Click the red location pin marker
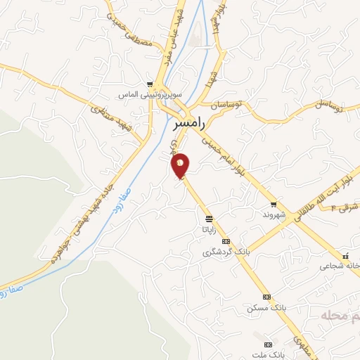(x=181, y=165)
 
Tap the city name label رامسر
(x=189, y=124)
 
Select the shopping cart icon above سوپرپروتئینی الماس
(x=149, y=82)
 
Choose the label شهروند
(x=273, y=214)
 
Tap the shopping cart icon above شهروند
(x=274, y=204)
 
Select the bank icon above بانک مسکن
(x=266, y=297)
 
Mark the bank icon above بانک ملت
(x=267, y=345)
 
